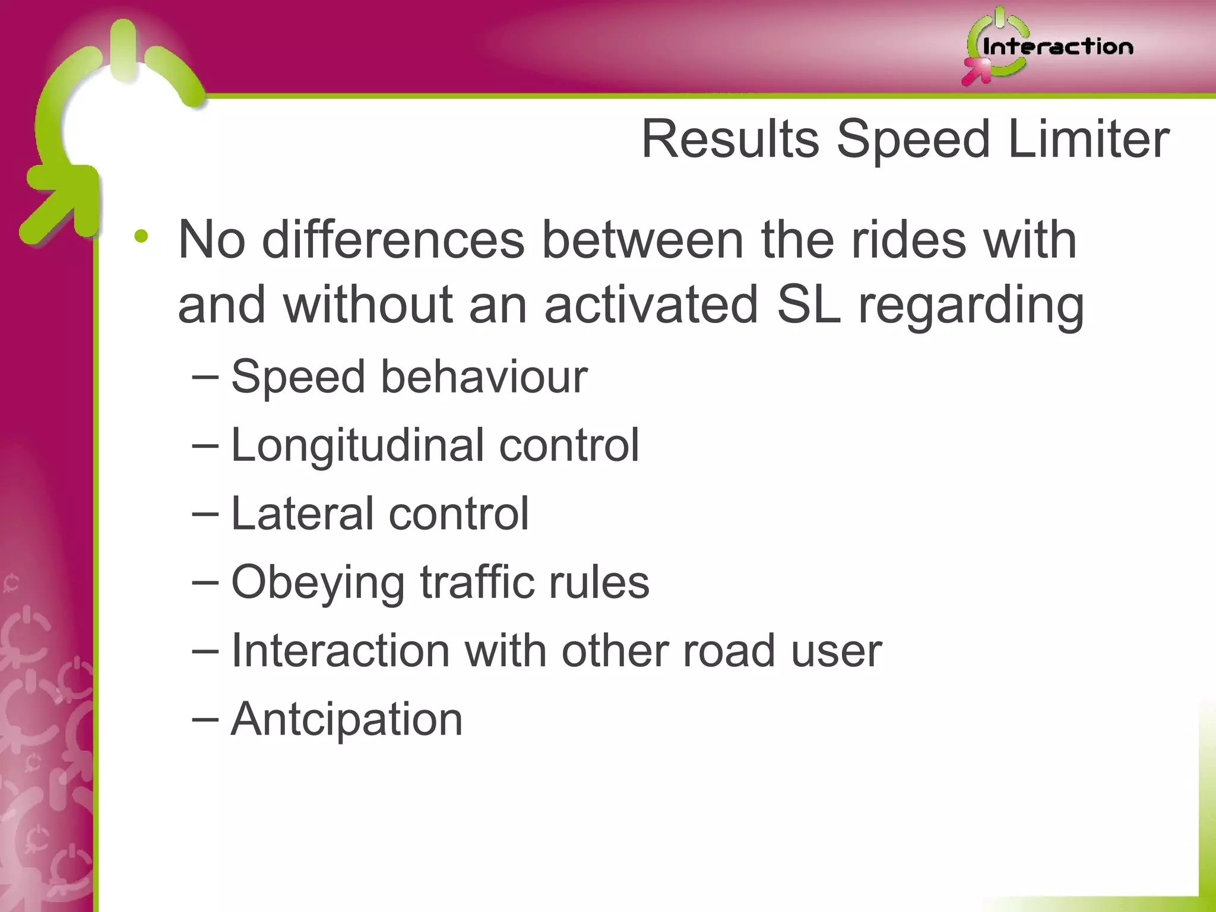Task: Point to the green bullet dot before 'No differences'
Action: [141, 237]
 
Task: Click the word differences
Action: [393, 240]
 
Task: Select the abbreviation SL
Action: [809, 304]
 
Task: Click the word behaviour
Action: [484, 376]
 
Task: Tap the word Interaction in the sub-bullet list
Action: [340, 651]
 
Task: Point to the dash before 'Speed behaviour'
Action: [205, 376]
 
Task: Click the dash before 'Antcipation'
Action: [205, 719]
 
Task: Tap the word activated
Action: [651, 304]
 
